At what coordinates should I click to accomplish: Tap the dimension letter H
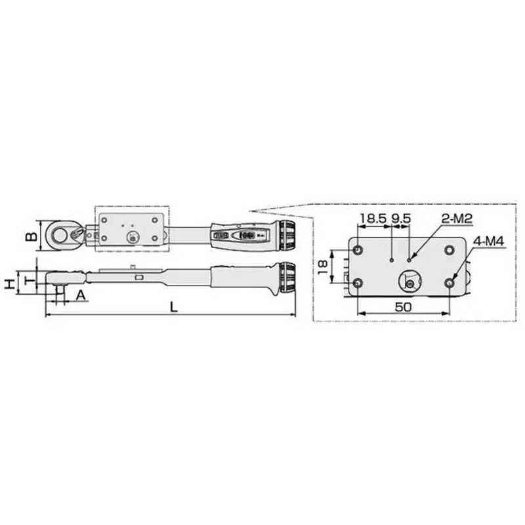9,284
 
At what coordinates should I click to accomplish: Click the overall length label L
173,306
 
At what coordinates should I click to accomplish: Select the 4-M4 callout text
487,241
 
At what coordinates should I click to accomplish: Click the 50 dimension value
403,306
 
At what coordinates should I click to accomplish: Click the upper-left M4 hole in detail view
358,251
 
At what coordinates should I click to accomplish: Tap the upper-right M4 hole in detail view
450,250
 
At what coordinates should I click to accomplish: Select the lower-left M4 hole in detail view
358,282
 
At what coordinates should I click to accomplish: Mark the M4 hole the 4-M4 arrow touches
450,282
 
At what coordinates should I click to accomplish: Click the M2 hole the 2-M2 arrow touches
409,260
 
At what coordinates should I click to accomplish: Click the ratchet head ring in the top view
60,235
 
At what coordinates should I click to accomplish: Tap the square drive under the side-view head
60,291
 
